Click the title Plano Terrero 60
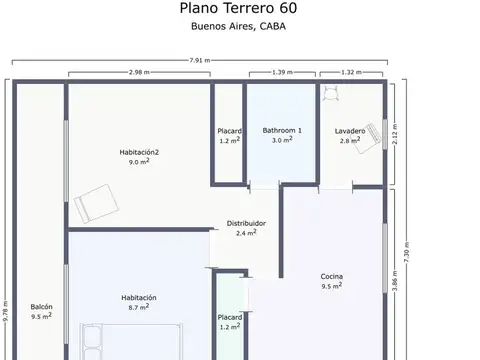[238, 8]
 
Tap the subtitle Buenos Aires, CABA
[238, 26]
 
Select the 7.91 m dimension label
[200, 60]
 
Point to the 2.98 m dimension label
[139, 72]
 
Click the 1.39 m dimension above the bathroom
[282, 72]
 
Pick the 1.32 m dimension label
[351, 72]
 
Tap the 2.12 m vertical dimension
[395, 134]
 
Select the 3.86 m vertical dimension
[395, 280]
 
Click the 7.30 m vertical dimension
[406, 252]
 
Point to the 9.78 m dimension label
[6, 311]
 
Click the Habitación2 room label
[139, 152]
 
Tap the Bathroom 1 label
[282, 130]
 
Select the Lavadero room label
[350, 131]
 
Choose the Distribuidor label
[246, 223]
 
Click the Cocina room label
[332, 276]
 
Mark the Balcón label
[42, 307]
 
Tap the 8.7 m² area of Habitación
[139, 307]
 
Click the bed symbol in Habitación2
[96, 204]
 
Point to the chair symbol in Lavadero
[331, 93]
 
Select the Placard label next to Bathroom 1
[230, 131]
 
